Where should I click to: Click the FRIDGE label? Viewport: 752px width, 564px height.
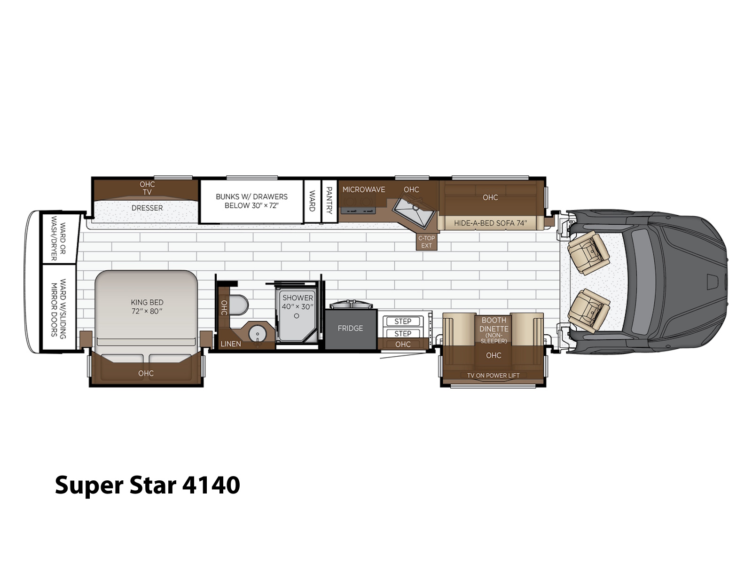click(350, 328)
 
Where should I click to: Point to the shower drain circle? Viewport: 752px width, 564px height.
click(297, 316)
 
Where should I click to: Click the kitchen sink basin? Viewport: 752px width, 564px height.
click(414, 210)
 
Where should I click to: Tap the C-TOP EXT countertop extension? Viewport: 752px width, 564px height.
click(427, 242)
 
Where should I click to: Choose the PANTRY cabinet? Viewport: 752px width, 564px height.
click(329, 201)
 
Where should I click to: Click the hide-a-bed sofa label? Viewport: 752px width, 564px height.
click(490, 223)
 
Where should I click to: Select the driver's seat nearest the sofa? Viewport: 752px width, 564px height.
click(588, 252)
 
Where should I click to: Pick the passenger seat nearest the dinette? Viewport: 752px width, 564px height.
click(588, 311)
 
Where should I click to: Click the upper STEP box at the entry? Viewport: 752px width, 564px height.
click(403, 321)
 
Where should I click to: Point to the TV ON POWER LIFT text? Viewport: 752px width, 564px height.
click(493, 376)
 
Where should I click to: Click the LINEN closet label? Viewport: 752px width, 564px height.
click(231, 344)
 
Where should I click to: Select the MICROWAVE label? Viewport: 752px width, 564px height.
click(363, 189)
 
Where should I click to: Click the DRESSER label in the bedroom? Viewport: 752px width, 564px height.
click(147, 208)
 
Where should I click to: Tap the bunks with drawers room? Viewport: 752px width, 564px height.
click(252, 201)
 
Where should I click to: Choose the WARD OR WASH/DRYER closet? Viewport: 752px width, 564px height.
click(59, 238)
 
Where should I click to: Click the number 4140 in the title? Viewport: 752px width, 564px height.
click(211, 485)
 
